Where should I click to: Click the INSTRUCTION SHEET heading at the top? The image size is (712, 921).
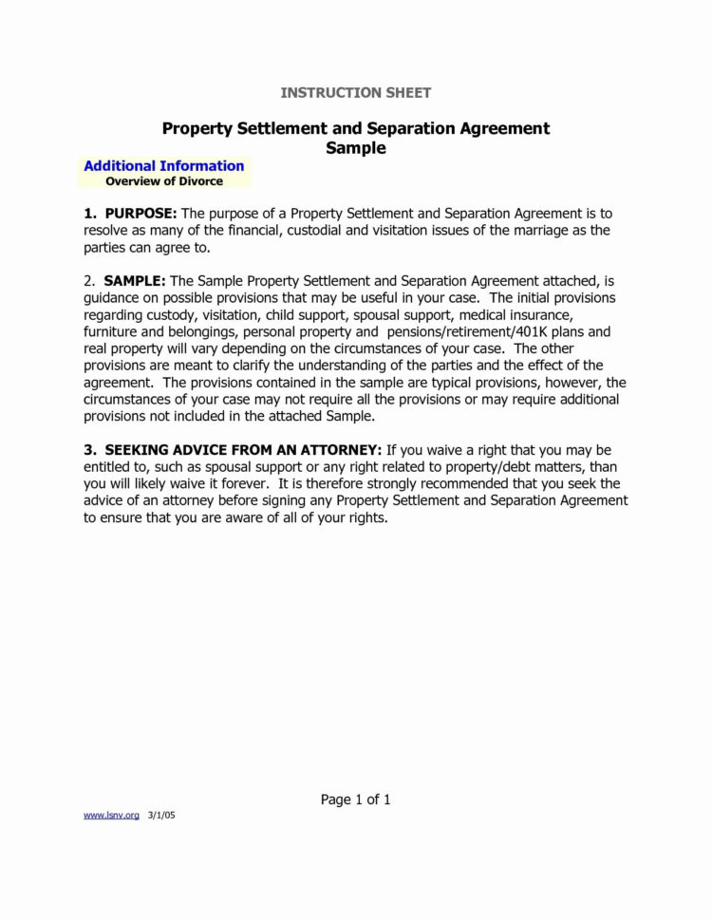click(x=356, y=92)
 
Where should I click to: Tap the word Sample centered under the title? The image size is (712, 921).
click(x=356, y=148)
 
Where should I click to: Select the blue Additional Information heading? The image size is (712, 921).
click(x=163, y=166)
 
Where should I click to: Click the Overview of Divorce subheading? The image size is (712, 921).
click(x=164, y=180)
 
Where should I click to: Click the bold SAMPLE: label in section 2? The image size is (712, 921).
click(x=135, y=281)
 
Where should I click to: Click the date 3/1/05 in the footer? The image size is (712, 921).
click(x=162, y=816)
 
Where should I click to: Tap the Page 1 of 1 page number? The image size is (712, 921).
click(x=356, y=799)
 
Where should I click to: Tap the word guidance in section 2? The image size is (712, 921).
click(x=116, y=298)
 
